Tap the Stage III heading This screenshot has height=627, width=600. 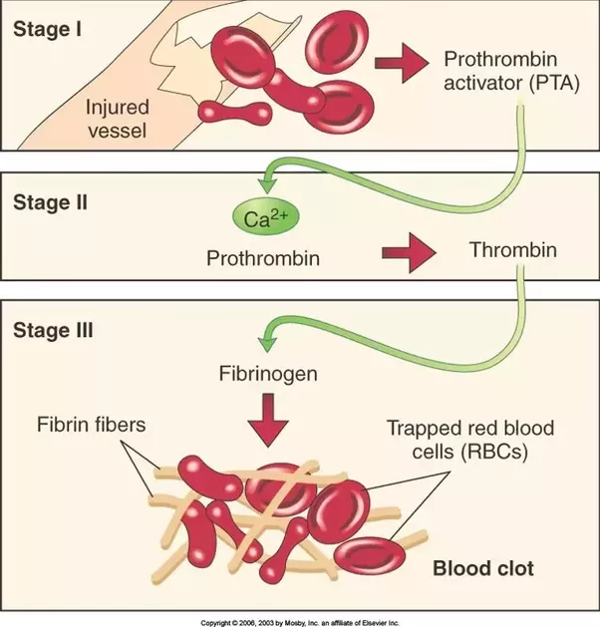[x=56, y=330]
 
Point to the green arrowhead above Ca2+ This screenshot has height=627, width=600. [x=266, y=182]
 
